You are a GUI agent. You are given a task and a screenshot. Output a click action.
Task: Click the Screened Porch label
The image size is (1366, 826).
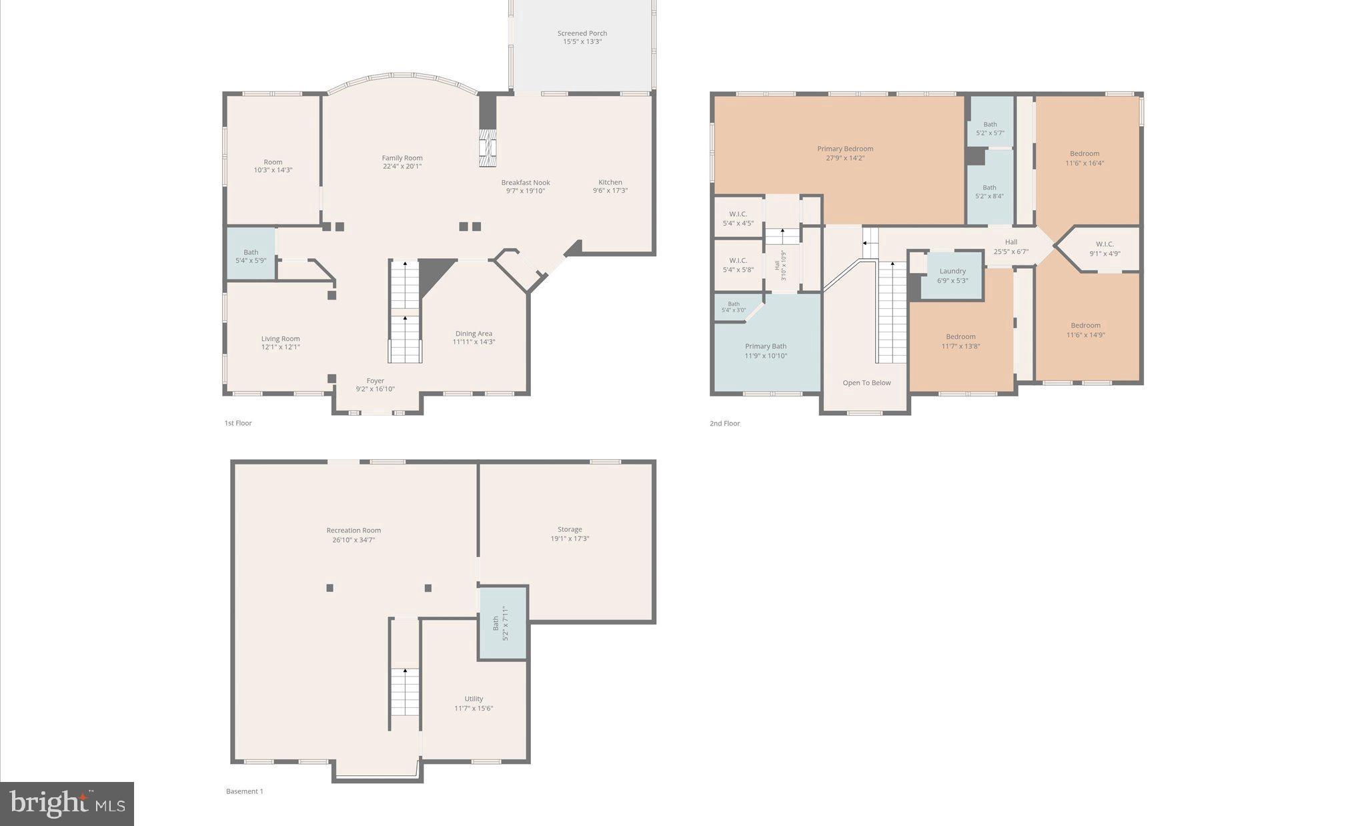[x=582, y=33]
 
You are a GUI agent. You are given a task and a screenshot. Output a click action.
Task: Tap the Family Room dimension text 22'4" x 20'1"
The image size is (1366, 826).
[x=402, y=167]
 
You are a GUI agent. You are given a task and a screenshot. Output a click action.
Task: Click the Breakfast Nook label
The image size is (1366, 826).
[x=526, y=182]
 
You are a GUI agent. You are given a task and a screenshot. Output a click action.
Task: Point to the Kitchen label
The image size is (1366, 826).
[x=610, y=182]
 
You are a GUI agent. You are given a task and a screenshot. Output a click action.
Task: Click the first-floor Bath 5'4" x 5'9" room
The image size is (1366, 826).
[x=251, y=255]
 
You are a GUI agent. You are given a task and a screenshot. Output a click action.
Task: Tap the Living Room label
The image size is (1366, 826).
[x=280, y=338]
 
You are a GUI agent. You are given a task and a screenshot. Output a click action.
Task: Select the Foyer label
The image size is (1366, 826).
[x=375, y=381]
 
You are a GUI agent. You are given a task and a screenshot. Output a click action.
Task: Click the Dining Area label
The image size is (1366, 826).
[x=474, y=334]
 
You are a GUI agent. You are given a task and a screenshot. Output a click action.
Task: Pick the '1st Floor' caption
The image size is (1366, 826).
[x=238, y=423]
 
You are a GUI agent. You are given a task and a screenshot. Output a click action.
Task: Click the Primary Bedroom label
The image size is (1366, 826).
[x=845, y=149]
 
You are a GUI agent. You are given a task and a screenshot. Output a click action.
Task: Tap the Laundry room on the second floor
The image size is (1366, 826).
[x=952, y=275]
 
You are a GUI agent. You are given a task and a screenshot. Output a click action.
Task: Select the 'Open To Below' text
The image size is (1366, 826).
[x=866, y=383]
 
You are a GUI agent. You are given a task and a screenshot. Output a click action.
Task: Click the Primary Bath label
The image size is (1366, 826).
[x=766, y=346]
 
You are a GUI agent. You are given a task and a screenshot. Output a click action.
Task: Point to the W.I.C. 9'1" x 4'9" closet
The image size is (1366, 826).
[x=1105, y=249]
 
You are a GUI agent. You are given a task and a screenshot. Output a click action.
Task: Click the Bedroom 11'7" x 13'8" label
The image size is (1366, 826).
[x=960, y=337]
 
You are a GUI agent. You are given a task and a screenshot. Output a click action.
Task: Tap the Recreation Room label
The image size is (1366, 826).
[x=354, y=530]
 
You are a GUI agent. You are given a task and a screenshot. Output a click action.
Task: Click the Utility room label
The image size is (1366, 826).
[x=474, y=699]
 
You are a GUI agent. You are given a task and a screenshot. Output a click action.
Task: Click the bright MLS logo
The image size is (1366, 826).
[x=67, y=803]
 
